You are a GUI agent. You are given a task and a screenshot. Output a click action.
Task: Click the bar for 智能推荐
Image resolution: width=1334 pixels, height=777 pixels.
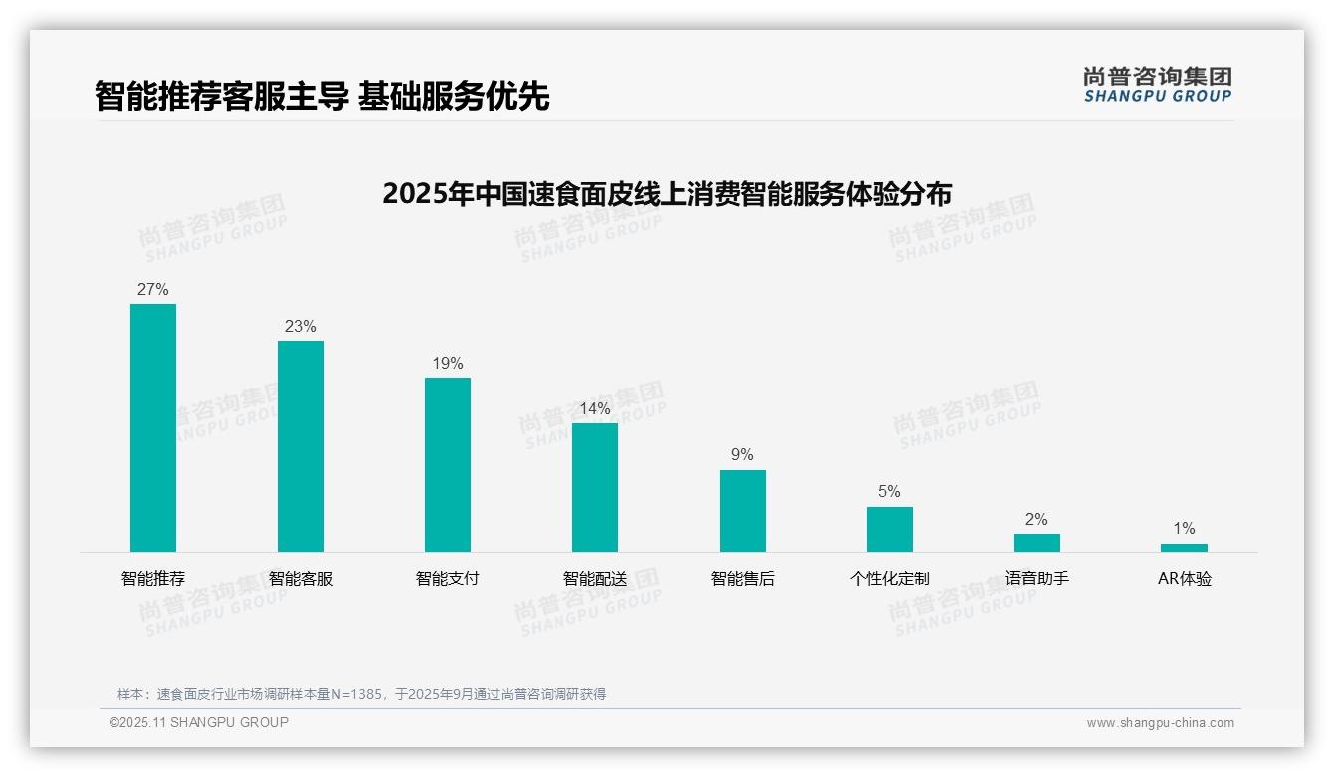click(x=153, y=427)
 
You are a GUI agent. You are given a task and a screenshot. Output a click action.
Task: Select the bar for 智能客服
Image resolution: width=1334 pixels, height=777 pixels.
click(x=301, y=446)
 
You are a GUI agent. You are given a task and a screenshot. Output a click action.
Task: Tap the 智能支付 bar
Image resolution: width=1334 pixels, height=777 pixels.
click(x=448, y=464)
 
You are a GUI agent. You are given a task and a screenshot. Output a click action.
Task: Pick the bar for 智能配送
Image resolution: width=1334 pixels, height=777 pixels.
click(x=595, y=487)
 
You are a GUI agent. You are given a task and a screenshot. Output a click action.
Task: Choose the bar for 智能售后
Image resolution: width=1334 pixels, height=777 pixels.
click(x=743, y=510)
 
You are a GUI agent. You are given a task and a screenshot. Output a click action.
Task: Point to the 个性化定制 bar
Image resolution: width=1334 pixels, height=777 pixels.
click(x=889, y=529)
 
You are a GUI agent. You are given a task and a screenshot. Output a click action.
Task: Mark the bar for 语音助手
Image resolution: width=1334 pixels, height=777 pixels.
click(x=1036, y=543)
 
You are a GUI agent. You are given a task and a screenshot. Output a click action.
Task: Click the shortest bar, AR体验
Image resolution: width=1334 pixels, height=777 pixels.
click(x=1184, y=548)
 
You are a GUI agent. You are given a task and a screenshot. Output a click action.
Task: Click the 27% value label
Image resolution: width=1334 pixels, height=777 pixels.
click(x=153, y=290)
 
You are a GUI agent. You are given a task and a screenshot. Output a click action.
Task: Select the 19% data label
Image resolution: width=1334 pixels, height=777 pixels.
click(x=448, y=364)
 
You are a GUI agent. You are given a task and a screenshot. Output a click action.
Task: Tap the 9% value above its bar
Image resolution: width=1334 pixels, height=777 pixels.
click(x=743, y=455)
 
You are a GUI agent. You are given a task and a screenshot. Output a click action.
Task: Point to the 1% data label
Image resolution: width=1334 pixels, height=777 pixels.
click(x=1184, y=529)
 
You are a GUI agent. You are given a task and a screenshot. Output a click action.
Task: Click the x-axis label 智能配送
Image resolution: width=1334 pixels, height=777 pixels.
click(x=595, y=579)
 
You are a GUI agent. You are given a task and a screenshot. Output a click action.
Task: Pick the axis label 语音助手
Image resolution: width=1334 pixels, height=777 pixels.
click(x=1036, y=579)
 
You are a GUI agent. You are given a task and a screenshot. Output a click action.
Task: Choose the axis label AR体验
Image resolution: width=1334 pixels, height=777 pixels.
click(x=1184, y=579)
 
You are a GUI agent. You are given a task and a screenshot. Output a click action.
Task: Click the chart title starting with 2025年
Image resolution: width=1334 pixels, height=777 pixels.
click(x=667, y=193)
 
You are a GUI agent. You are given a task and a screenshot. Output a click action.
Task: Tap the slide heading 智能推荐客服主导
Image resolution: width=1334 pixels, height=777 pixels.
click(x=322, y=96)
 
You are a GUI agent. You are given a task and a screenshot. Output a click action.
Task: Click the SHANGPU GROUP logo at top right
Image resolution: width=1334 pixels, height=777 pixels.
click(x=1157, y=85)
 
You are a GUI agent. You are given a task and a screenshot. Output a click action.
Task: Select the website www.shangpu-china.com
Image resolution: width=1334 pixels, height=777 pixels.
click(x=1160, y=723)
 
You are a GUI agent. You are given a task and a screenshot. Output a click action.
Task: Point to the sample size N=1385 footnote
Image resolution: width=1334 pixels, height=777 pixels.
click(x=361, y=694)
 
